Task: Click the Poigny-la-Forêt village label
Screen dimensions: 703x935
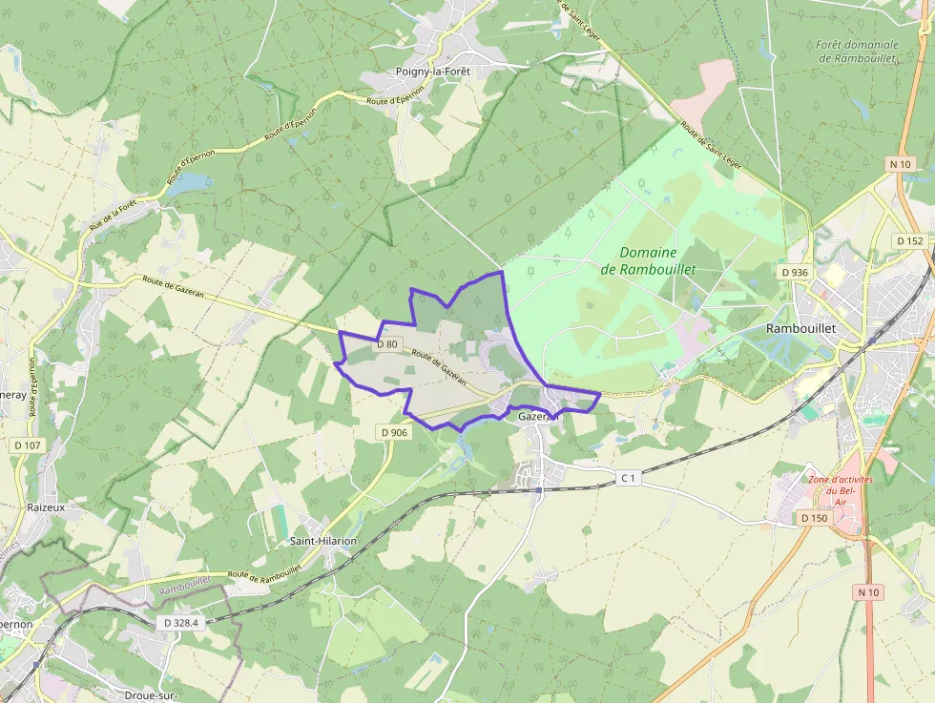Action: (433, 72)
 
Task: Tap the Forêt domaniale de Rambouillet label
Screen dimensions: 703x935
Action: (859, 52)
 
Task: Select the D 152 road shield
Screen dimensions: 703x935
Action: (910, 240)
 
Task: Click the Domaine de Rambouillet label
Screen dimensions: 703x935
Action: (648, 260)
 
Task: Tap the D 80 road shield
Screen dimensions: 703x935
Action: (386, 343)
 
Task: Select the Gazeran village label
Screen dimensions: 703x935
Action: (537, 417)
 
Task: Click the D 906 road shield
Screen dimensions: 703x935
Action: (394, 432)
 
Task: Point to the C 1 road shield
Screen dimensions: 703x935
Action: (627, 477)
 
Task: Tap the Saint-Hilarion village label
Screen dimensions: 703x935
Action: (323, 541)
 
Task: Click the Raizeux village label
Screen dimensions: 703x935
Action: (46, 507)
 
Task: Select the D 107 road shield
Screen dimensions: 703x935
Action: (28, 445)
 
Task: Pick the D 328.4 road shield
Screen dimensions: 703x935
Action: (180, 622)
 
